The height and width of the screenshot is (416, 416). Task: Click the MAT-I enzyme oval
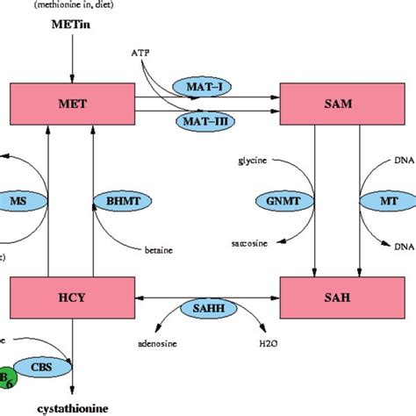201,87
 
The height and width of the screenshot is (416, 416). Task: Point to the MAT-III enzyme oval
201,120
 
